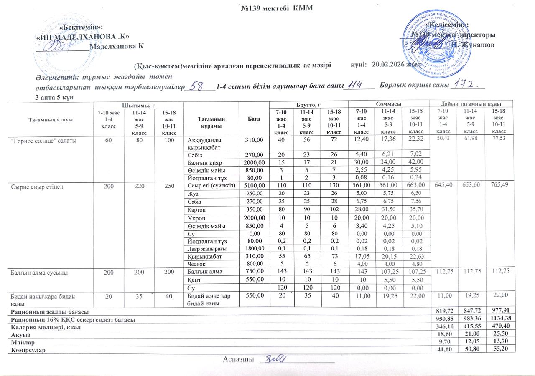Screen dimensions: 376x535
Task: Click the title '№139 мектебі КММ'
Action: (276, 8)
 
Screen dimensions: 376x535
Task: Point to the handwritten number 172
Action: (466, 85)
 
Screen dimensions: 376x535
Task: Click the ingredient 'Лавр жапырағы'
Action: (204, 248)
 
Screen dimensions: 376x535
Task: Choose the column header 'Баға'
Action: (254, 119)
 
